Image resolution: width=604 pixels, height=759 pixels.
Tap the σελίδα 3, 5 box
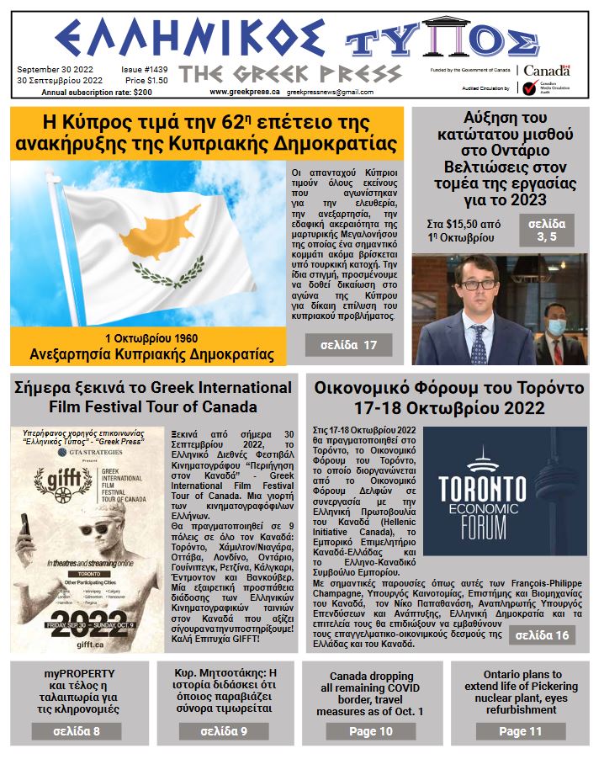point(548,230)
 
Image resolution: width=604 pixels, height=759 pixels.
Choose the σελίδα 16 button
point(541,634)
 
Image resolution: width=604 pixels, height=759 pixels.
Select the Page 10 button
point(371,731)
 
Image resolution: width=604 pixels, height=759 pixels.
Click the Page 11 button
point(520,731)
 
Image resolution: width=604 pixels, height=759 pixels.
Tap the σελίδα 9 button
point(224,731)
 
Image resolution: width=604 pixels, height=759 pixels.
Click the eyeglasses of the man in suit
point(478,284)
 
